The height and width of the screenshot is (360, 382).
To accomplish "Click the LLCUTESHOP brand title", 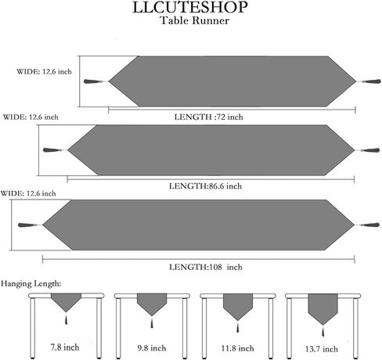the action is (x=190, y=7).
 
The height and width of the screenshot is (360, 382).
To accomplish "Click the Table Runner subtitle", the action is (x=195, y=20).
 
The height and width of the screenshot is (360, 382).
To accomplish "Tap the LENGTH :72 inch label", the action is (x=208, y=117).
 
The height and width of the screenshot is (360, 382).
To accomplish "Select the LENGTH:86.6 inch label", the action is (x=205, y=186).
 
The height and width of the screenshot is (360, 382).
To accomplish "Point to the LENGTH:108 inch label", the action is (x=206, y=267).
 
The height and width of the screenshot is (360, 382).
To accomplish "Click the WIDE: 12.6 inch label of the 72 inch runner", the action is (x=44, y=71).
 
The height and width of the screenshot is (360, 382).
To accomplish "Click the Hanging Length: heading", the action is (x=31, y=283).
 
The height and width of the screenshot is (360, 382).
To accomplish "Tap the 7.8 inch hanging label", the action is (x=65, y=347).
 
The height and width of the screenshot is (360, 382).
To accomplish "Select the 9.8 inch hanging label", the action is (x=152, y=348).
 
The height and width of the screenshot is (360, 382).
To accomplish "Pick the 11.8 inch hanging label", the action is (x=237, y=348).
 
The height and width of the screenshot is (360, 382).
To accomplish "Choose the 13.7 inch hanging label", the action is (x=322, y=349).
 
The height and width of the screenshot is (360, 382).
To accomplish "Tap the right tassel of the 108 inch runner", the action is (x=367, y=225).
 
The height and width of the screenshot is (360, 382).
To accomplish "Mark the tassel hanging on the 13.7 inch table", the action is (x=323, y=331).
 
